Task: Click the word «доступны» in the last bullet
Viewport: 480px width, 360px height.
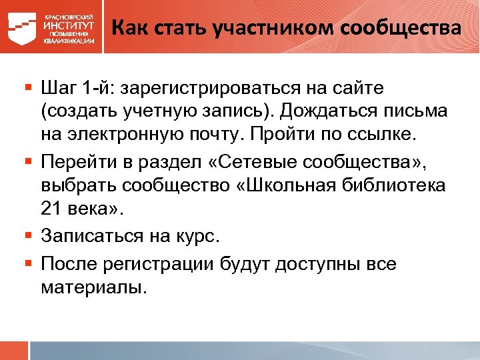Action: click(x=315, y=264)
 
